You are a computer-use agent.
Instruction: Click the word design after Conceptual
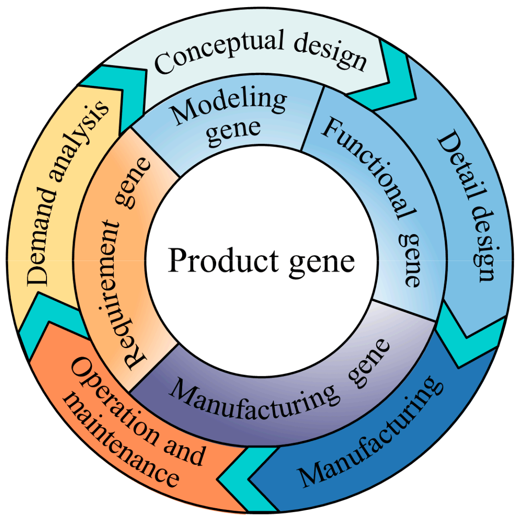pyautogui.click(x=330, y=53)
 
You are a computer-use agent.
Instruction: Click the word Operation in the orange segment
pyautogui.click(x=112, y=402)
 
